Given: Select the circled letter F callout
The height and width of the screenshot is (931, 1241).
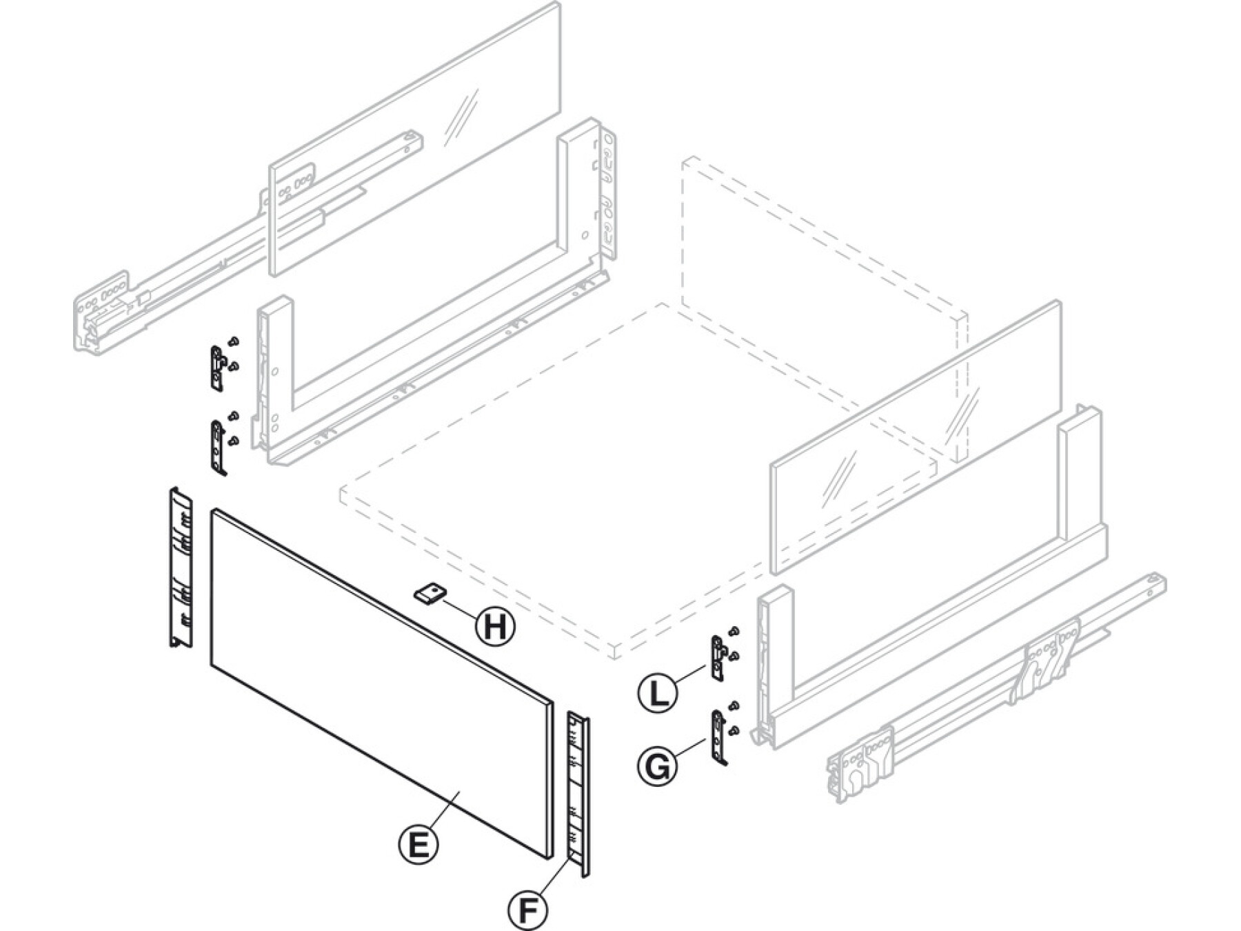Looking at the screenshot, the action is (x=528, y=910).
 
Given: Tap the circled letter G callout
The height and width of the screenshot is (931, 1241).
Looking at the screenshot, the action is (x=658, y=765).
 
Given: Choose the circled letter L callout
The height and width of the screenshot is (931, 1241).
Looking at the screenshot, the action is (x=658, y=692).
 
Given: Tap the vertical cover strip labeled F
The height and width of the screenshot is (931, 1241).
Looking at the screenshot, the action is (x=578, y=793).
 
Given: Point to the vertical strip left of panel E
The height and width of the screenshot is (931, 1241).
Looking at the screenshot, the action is (x=181, y=568).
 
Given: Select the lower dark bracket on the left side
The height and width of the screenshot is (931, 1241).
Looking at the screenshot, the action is (x=218, y=447).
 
